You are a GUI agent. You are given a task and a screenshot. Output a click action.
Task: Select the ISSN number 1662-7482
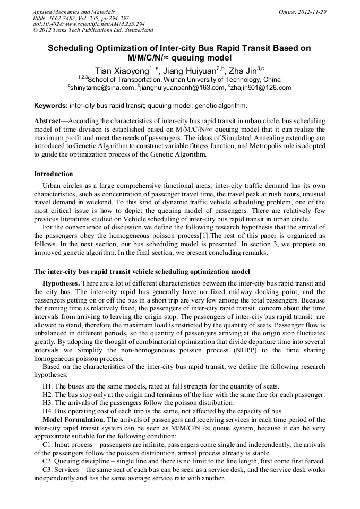pos(62,18)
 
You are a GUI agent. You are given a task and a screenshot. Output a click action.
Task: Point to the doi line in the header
pos(89,24)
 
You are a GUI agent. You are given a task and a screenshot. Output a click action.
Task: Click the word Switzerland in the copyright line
pos(135,30)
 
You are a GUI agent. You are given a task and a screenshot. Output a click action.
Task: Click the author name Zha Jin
pos(242,71)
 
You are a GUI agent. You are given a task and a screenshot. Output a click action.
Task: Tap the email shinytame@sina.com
pos(102,88)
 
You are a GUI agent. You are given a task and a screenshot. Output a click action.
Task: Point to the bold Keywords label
pos(51,106)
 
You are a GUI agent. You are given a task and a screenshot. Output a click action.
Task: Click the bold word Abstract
pos(48,122)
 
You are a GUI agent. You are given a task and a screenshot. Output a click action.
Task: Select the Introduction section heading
pos(54,174)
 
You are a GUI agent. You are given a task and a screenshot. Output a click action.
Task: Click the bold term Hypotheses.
pos(62,284)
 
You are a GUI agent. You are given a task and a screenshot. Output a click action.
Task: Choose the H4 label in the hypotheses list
pos(47,411)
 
